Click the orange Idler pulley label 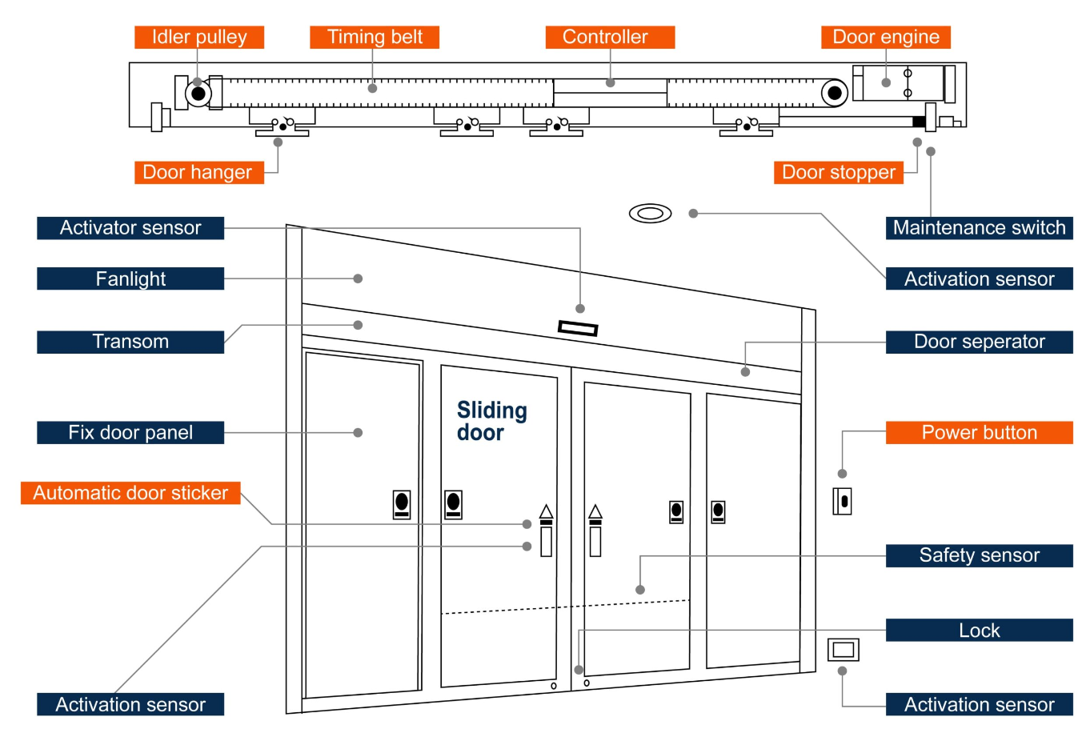198,37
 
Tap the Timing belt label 375,37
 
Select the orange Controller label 610,37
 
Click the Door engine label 885,37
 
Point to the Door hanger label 198,172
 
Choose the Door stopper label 838,172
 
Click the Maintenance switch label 979,227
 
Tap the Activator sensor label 130,227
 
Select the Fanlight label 130,278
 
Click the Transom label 130,342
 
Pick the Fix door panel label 130,432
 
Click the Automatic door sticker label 130,493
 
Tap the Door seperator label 979,342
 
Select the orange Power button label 979,432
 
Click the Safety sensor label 979,555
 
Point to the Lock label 979,631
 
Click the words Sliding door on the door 491,421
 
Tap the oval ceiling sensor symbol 650,214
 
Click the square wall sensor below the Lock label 843,649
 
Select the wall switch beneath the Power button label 842,502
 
